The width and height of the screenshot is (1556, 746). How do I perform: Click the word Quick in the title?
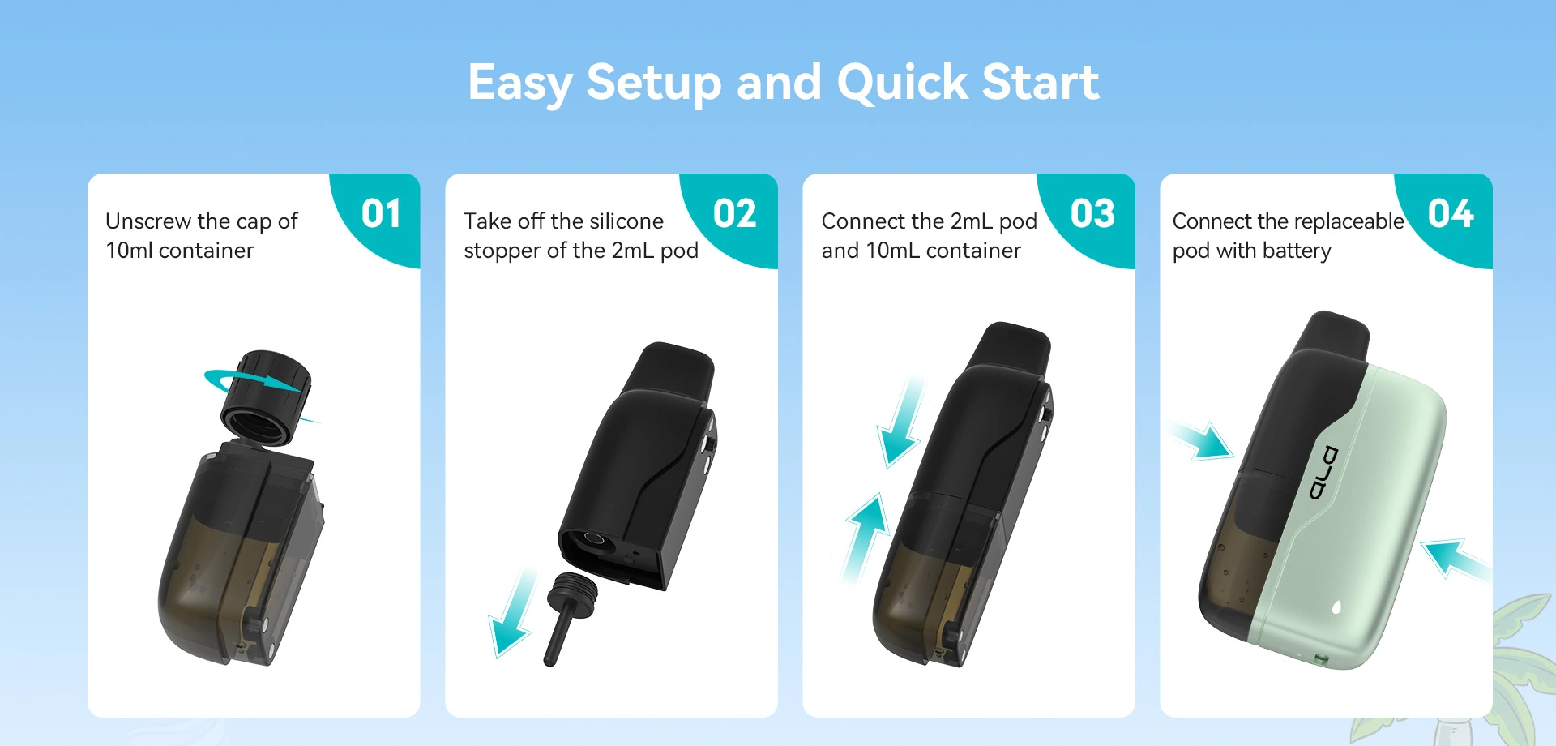click(x=902, y=83)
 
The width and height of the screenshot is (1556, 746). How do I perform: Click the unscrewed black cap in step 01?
click(x=266, y=398)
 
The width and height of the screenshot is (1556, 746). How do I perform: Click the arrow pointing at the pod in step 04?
click(x=1201, y=439)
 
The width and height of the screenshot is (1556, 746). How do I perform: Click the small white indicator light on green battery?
click(x=1336, y=607)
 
